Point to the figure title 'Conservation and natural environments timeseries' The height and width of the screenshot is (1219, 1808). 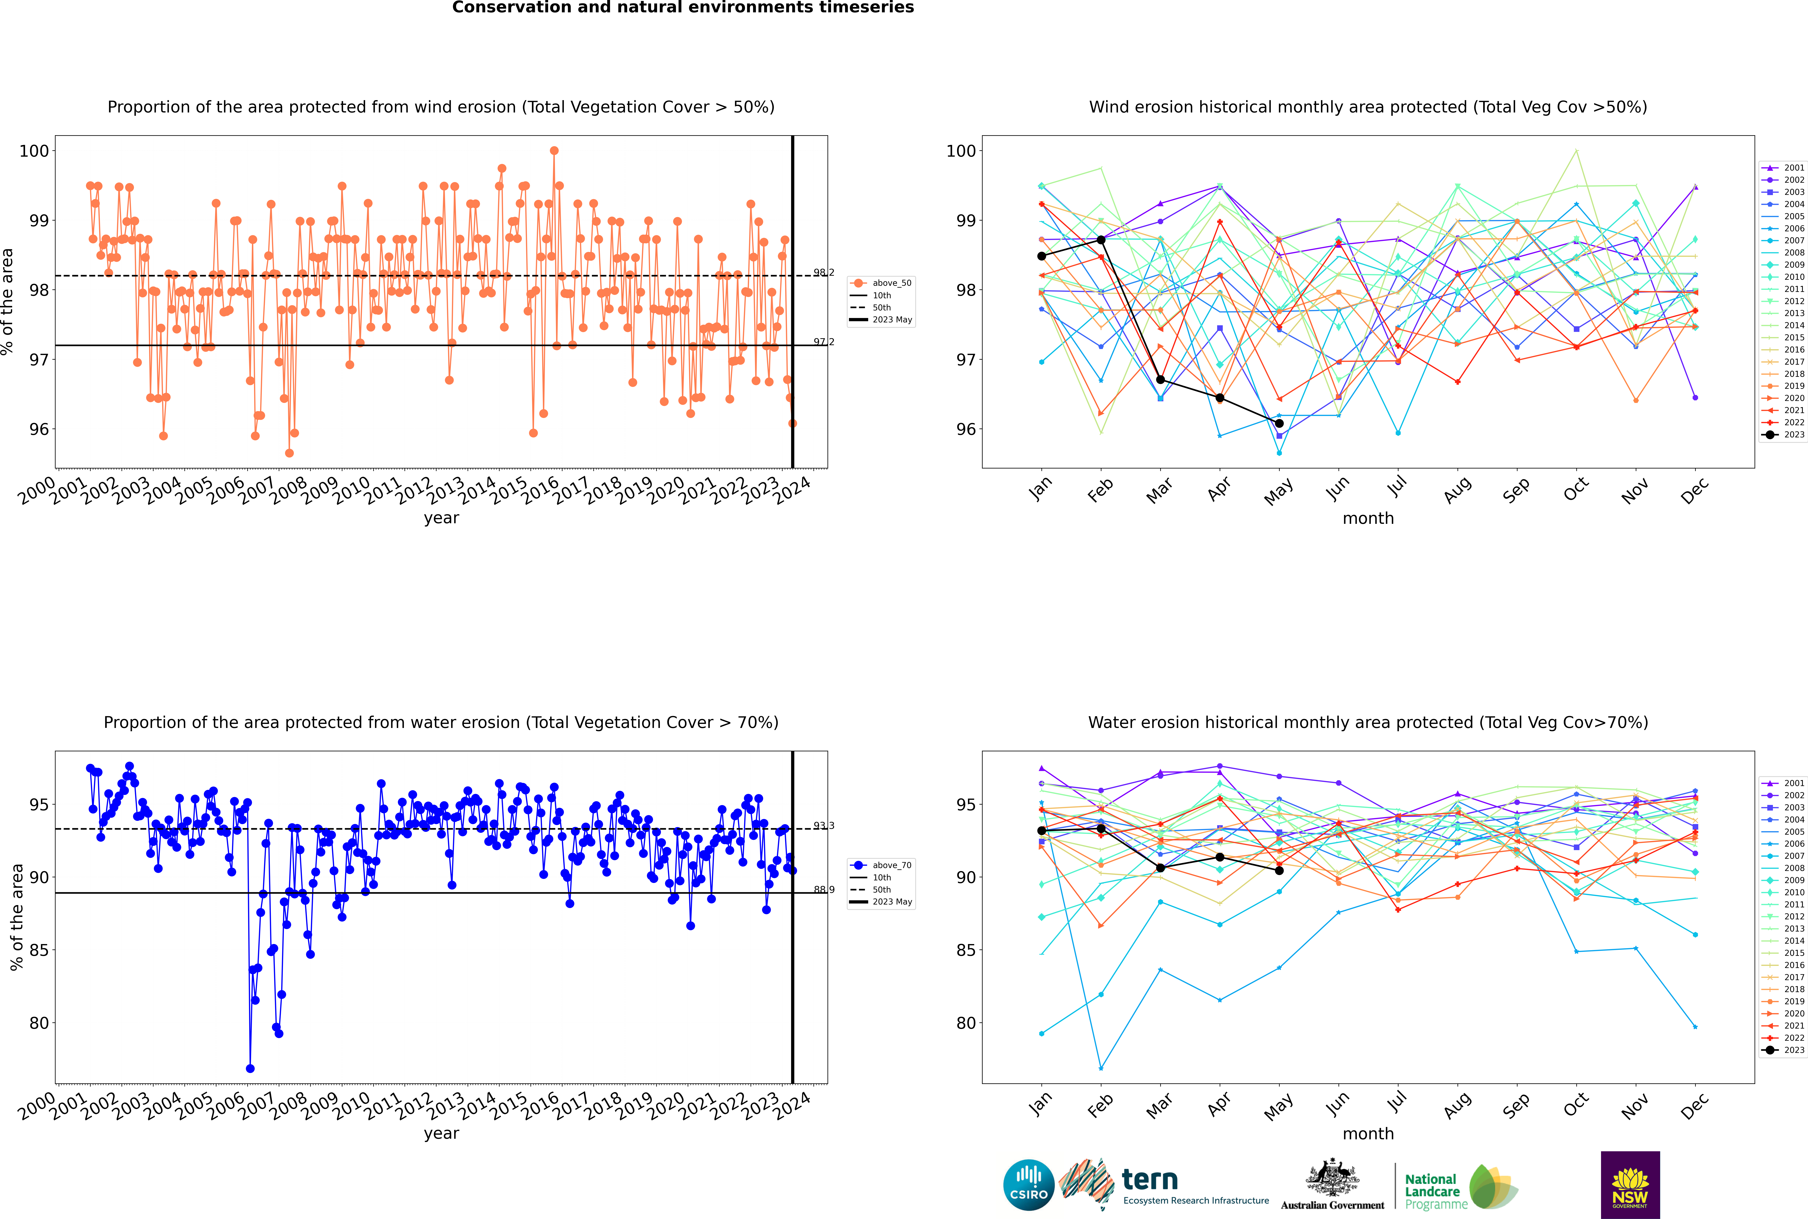[x=682, y=8]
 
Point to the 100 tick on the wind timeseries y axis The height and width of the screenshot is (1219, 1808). [x=34, y=151]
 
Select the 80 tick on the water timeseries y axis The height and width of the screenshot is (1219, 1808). [x=39, y=1023]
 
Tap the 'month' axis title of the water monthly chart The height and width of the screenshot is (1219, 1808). [x=1368, y=1134]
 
